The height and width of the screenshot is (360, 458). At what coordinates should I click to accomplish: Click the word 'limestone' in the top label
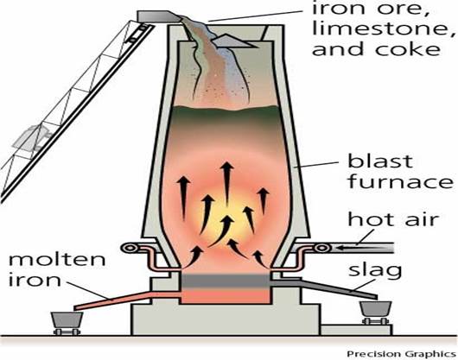point(384,28)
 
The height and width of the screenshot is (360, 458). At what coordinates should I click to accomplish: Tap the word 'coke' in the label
point(408,48)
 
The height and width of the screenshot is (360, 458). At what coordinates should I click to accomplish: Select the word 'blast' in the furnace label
point(380,161)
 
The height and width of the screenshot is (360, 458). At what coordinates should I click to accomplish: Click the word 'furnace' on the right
point(401,181)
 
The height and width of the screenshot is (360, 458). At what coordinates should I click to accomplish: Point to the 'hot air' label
point(394,218)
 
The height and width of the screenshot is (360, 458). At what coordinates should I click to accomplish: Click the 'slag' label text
point(375,270)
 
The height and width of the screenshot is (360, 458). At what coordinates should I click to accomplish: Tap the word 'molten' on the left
point(57,258)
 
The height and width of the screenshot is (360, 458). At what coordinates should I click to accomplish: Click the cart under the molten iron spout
point(67,323)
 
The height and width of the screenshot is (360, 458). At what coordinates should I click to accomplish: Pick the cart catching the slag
point(375,313)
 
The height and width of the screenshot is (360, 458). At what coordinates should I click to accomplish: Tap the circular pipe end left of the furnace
point(129,249)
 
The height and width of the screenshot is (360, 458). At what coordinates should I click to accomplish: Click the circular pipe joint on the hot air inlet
point(321,249)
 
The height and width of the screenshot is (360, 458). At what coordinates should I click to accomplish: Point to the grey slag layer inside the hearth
point(226,281)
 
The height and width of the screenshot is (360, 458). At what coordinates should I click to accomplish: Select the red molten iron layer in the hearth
point(226,296)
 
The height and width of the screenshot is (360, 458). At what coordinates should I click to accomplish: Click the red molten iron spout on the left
point(127,300)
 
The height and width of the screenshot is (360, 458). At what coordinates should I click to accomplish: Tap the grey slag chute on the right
point(323,288)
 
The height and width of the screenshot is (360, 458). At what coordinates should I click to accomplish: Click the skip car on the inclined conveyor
point(33,139)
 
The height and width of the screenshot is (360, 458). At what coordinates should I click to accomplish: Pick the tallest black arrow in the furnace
point(226,183)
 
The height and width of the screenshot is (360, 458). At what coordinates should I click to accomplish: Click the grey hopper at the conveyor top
point(159,16)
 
